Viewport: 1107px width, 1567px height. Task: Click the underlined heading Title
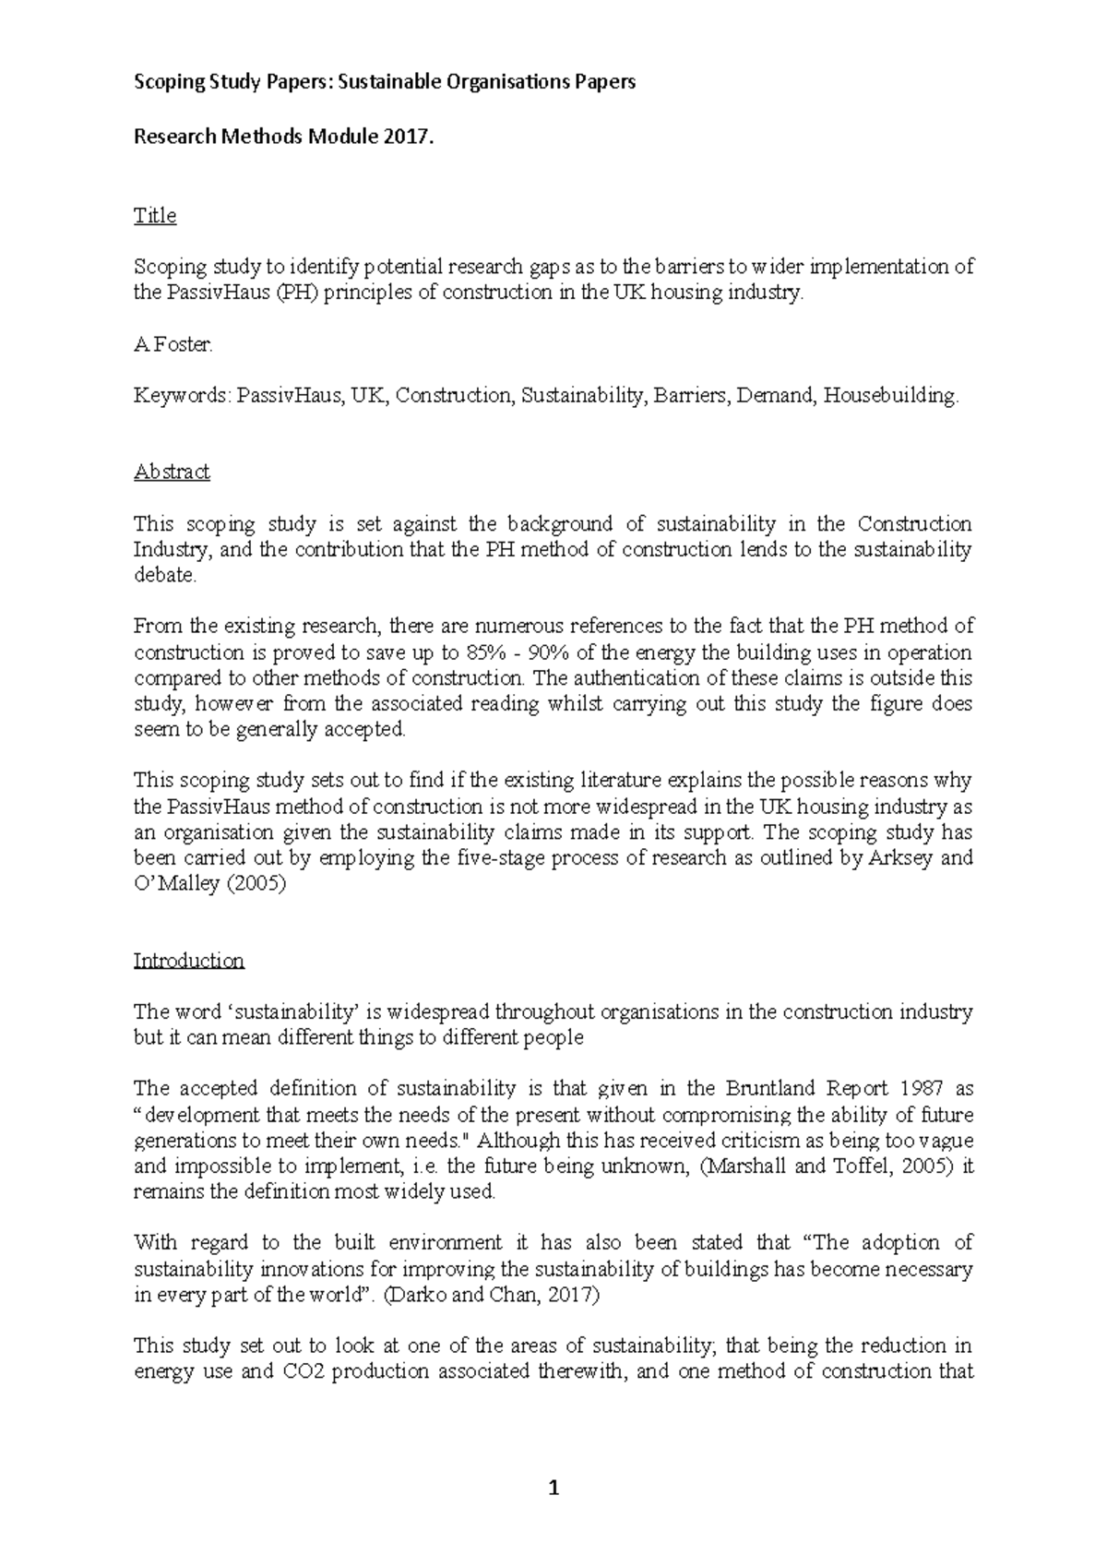pos(154,215)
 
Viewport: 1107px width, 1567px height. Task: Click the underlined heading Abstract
pos(172,472)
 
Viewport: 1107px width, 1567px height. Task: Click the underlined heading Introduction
pos(188,961)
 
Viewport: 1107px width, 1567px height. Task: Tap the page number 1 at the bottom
pos(553,1488)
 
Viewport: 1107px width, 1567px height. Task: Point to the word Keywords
pos(180,396)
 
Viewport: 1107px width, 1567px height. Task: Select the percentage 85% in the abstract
pos(489,652)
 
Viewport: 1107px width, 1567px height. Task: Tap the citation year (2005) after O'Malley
pos(257,883)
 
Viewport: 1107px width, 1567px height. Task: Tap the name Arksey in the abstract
pos(902,857)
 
